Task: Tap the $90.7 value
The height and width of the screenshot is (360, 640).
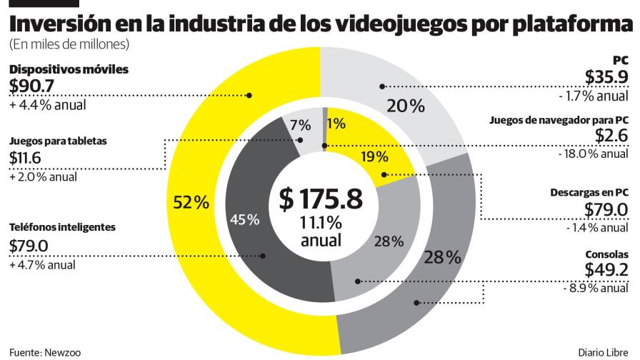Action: click(33, 86)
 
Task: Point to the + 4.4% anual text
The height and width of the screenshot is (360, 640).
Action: click(48, 105)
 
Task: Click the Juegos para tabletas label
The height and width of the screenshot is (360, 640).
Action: click(59, 141)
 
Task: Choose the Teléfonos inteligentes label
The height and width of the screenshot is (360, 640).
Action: click(62, 228)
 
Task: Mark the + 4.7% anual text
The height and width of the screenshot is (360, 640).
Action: click(43, 265)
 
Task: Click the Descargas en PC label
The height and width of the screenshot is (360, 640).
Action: click(589, 193)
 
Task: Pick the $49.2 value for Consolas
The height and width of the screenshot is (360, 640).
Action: click(606, 270)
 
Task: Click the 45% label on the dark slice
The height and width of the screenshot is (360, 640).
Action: click(244, 219)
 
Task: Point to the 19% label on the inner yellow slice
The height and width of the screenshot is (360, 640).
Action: click(375, 156)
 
